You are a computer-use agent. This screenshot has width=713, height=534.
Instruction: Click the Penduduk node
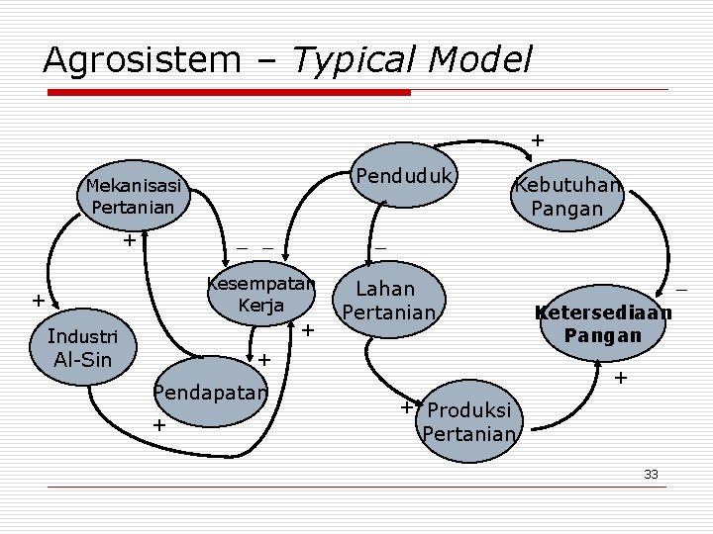(404, 177)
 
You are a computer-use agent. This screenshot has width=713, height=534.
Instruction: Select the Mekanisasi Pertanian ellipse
(134, 197)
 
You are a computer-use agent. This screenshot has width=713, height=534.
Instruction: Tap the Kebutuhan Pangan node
(566, 197)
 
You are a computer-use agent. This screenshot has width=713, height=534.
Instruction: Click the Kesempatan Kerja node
(260, 295)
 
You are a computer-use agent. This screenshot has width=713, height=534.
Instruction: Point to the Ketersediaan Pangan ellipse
(603, 323)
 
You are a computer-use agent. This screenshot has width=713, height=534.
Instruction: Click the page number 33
(651, 475)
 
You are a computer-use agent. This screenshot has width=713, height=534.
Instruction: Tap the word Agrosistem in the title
(142, 60)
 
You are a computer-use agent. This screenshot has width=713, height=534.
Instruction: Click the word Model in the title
(483, 60)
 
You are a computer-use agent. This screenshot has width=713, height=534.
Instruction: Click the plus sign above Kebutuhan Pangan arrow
(538, 139)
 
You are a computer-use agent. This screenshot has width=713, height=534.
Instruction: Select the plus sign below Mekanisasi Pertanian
(128, 240)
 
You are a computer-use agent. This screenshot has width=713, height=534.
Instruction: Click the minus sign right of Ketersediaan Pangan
(681, 290)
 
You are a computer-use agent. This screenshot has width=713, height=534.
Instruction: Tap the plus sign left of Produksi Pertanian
(406, 406)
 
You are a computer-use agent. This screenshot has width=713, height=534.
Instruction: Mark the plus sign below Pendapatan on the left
(158, 425)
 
